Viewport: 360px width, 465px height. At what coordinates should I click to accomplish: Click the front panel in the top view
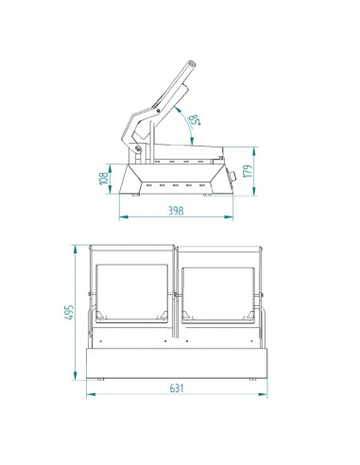click(x=177, y=363)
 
